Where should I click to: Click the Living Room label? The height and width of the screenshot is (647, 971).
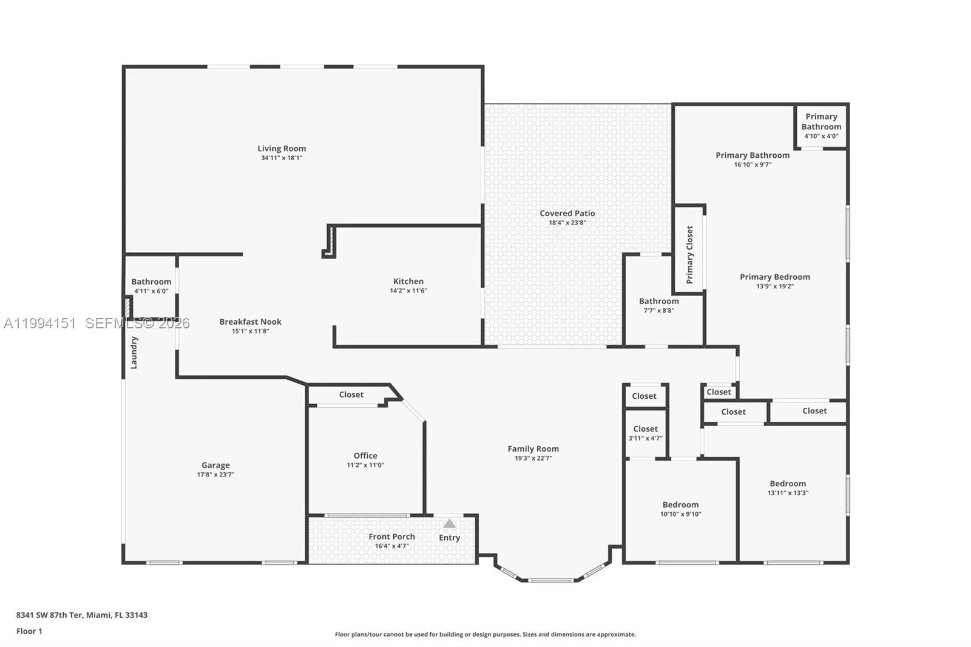282,148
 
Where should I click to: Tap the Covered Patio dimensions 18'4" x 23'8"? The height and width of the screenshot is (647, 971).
567,223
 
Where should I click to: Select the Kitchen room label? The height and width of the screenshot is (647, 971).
408,281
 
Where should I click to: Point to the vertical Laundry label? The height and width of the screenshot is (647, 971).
134,353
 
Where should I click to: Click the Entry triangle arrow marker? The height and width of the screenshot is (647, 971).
449,523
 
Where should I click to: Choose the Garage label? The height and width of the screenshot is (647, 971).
215,465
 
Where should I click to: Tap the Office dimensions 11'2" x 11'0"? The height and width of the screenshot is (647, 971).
365,465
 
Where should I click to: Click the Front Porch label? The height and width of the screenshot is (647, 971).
391,537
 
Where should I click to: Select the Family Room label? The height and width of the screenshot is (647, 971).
533,449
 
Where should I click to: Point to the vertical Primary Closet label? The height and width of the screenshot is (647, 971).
689,255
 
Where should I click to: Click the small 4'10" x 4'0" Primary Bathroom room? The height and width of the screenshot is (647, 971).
821,126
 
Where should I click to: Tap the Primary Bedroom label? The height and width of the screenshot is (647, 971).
774,277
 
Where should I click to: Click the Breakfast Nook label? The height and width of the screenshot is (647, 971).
250,322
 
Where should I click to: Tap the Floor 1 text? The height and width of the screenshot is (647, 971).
29,631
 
